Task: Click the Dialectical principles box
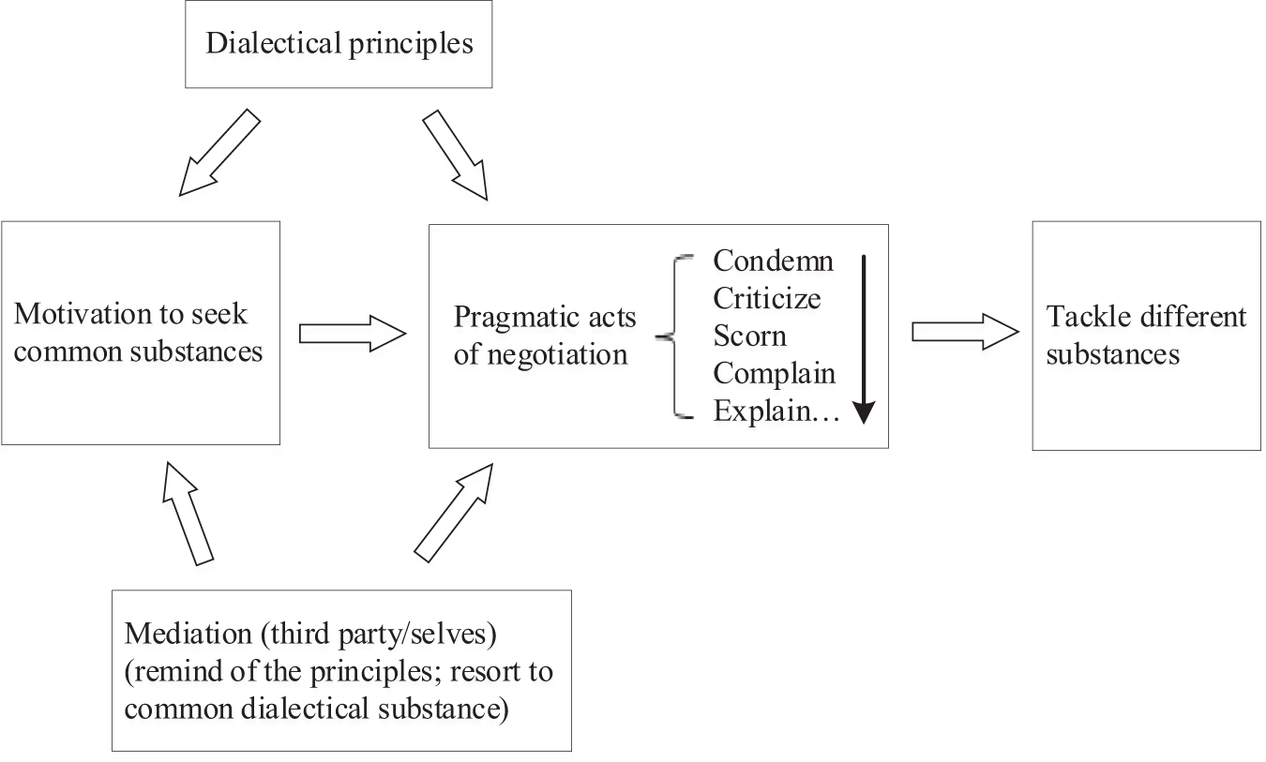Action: (339, 44)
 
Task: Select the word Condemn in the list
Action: (773, 260)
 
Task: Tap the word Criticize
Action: (766, 298)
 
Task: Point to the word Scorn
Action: (749, 336)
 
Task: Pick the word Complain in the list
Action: (774, 373)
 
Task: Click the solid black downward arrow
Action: (863, 337)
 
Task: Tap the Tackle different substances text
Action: (1146, 336)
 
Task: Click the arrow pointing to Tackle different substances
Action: (964, 333)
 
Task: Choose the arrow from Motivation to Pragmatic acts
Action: (352, 333)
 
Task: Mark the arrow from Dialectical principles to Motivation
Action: (218, 153)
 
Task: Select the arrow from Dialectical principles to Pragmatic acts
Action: (456, 156)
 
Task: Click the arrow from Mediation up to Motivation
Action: (188, 513)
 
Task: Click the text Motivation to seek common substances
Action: (138, 333)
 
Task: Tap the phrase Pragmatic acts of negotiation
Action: (544, 336)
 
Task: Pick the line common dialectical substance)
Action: (316, 709)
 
